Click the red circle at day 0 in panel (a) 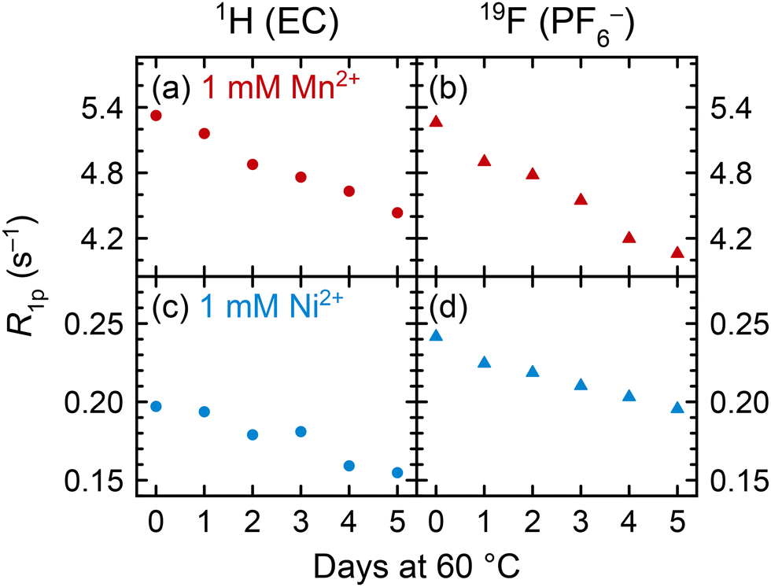[x=156, y=116]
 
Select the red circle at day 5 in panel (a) [x=397, y=212]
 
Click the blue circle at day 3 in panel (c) [x=301, y=431]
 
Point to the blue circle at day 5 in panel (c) [x=397, y=472]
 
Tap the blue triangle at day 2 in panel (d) [x=533, y=371]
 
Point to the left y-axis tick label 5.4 [x=101, y=109]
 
